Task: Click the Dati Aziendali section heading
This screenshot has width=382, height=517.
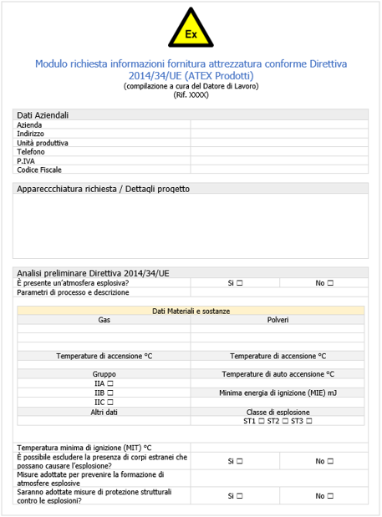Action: click(x=43, y=114)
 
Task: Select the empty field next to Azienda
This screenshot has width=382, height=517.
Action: click(x=278, y=124)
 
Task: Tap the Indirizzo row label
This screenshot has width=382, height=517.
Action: click(x=31, y=134)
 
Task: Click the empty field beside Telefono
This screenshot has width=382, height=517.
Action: click(x=278, y=152)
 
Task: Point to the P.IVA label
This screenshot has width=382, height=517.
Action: click(x=26, y=160)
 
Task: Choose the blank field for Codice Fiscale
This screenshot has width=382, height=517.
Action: click(x=278, y=170)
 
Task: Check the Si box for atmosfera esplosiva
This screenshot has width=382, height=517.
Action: click(x=239, y=283)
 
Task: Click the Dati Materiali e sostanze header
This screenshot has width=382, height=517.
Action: click(x=191, y=311)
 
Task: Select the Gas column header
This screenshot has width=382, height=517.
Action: click(x=104, y=320)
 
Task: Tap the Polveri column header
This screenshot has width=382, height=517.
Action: click(x=278, y=320)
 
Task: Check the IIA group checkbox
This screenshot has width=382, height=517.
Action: click(x=109, y=383)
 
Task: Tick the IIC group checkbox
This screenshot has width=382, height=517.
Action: click(x=109, y=402)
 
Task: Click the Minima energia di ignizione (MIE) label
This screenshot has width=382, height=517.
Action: click(x=278, y=393)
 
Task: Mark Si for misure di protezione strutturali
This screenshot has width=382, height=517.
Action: click(x=239, y=495)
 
